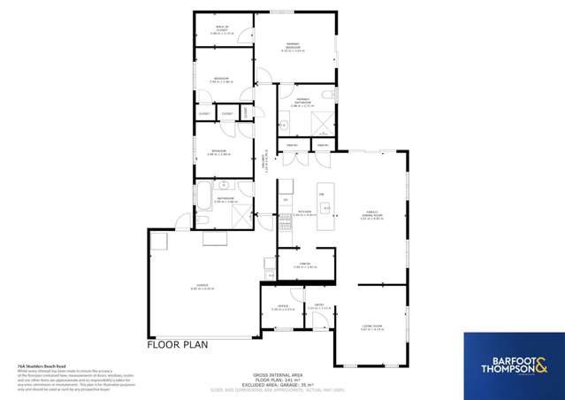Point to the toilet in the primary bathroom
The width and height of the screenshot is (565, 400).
point(327,94)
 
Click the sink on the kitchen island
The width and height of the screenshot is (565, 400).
point(325,209)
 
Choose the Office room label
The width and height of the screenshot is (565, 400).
point(282,307)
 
